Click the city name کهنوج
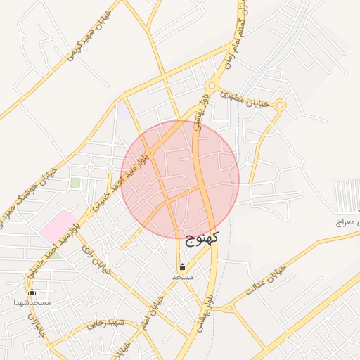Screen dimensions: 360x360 click(x=203, y=238)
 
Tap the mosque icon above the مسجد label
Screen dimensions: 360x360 click(x=183, y=267)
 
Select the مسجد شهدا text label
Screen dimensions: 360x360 click(x=32, y=302)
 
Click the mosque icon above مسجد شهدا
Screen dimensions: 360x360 click(x=32, y=292)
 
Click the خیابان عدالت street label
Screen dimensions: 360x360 click(x=266, y=280)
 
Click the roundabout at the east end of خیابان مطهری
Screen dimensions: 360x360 click(x=281, y=105)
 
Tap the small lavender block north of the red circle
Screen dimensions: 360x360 click(x=123, y=110)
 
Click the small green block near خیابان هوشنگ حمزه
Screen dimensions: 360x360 click(x=75, y=184)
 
